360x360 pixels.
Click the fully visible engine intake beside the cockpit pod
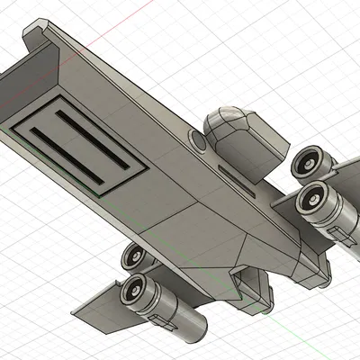pyautogui.click(x=312, y=199)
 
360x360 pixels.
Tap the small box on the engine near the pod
pyautogui.click(x=343, y=233)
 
